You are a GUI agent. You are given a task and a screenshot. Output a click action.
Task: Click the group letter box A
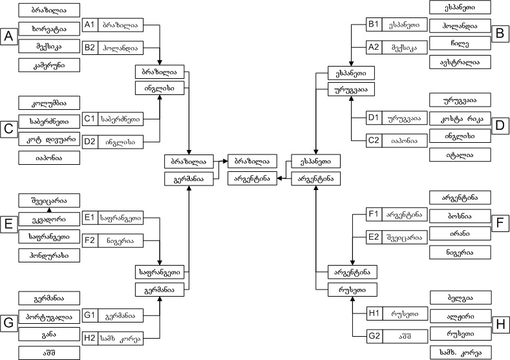click(x=9, y=37)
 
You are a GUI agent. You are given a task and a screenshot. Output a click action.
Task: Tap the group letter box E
click(x=9, y=224)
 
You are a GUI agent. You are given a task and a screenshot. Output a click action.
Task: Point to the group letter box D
click(x=500, y=126)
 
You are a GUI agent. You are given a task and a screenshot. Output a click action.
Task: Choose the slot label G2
click(x=373, y=336)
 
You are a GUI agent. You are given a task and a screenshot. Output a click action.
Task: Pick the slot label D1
click(x=373, y=118)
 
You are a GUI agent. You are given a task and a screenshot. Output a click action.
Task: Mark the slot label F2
click(x=90, y=240)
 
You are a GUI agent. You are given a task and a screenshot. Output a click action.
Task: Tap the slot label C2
click(x=373, y=140)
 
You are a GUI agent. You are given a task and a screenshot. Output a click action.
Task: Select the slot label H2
click(x=90, y=337)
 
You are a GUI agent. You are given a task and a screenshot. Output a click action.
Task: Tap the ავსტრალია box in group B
click(x=460, y=62)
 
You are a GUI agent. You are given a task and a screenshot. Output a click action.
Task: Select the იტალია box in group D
click(x=460, y=155)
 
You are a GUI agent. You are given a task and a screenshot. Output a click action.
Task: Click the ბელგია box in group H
click(x=460, y=299)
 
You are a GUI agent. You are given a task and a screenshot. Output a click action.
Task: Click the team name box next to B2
click(x=119, y=48)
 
